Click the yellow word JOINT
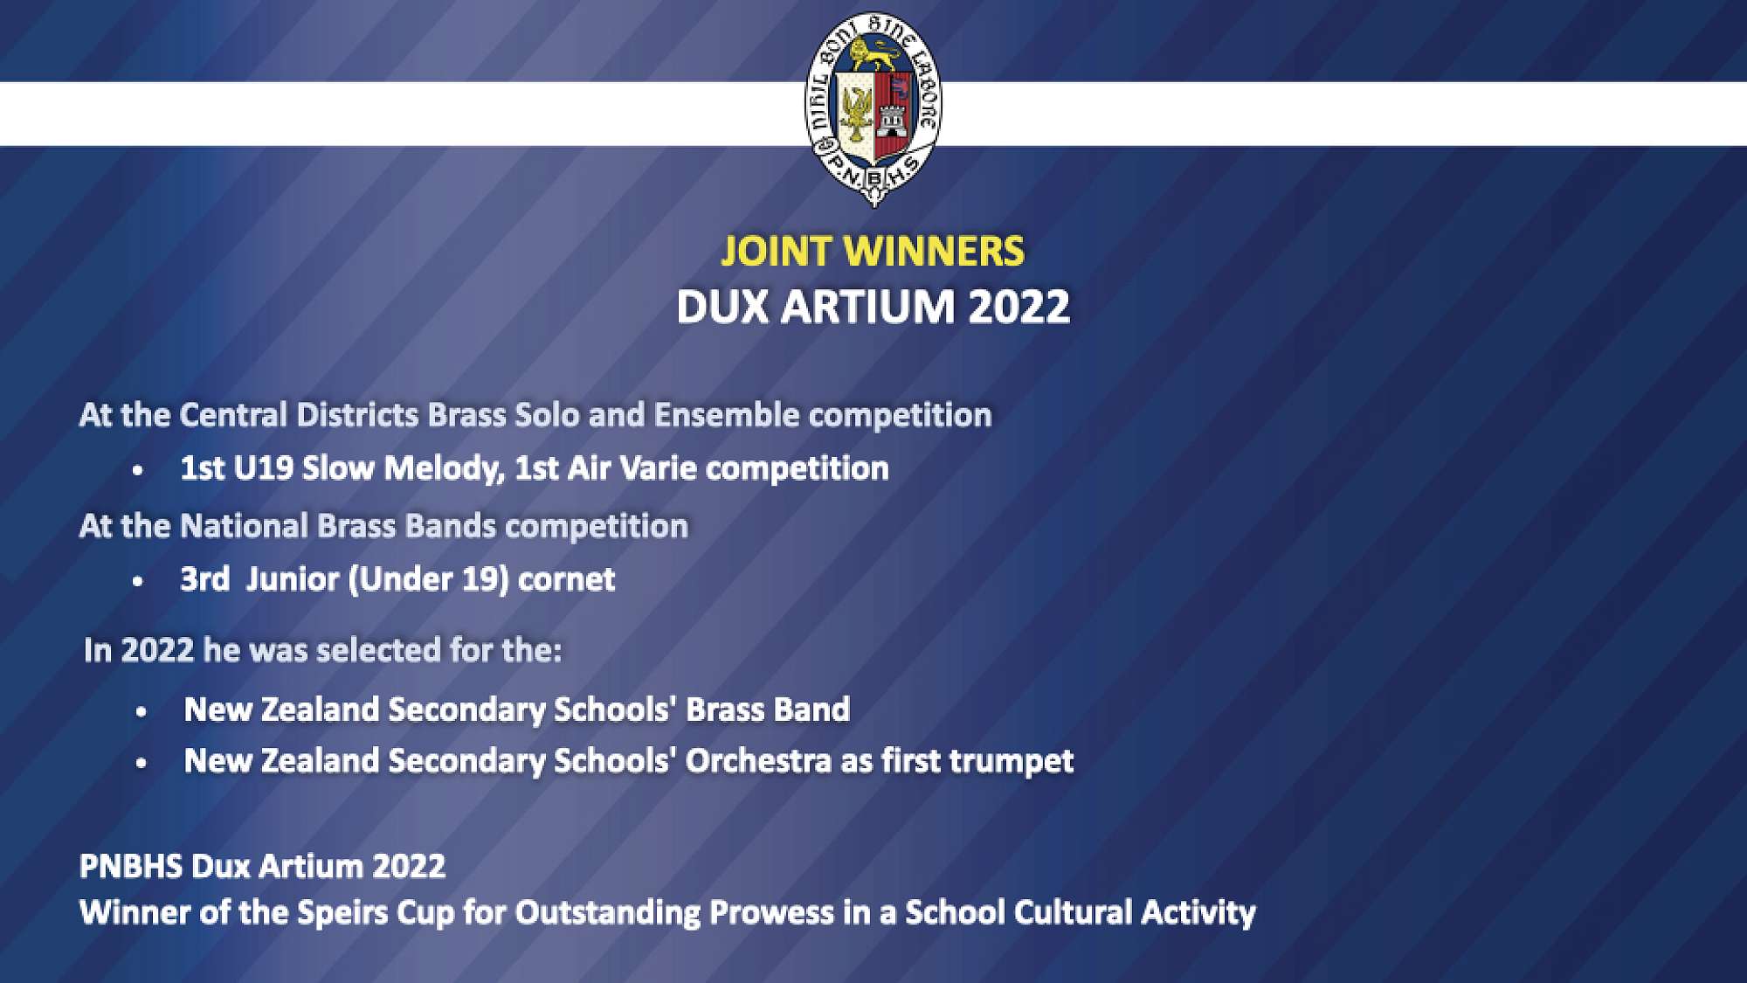(x=776, y=252)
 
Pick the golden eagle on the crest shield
(x=856, y=114)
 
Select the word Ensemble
(x=726, y=415)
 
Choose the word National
(x=244, y=526)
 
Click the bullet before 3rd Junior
(x=138, y=581)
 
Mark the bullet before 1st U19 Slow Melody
(x=138, y=471)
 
